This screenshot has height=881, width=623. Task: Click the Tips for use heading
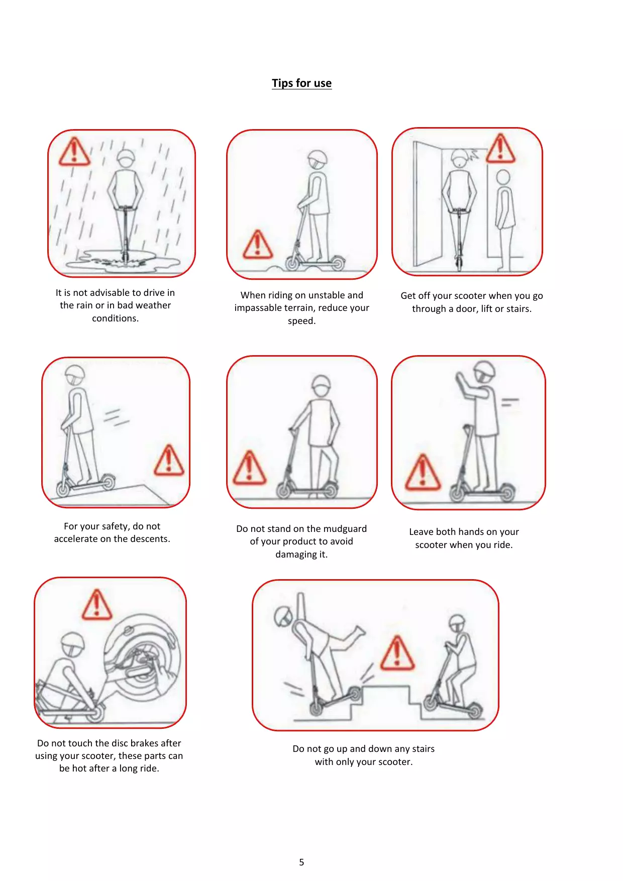[x=301, y=83]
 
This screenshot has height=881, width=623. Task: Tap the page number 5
[x=301, y=862]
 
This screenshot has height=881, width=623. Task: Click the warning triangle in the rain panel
[x=74, y=152]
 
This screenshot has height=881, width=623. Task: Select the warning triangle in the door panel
[x=500, y=149]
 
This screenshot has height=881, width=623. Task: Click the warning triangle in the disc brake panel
[x=96, y=605]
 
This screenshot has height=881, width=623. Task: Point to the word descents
[x=149, y=539]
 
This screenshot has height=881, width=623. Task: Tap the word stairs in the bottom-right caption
[x=422, y=749]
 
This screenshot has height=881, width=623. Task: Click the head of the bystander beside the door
[x=503, y=177]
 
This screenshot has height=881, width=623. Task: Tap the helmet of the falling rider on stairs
[x=283, y=616]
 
